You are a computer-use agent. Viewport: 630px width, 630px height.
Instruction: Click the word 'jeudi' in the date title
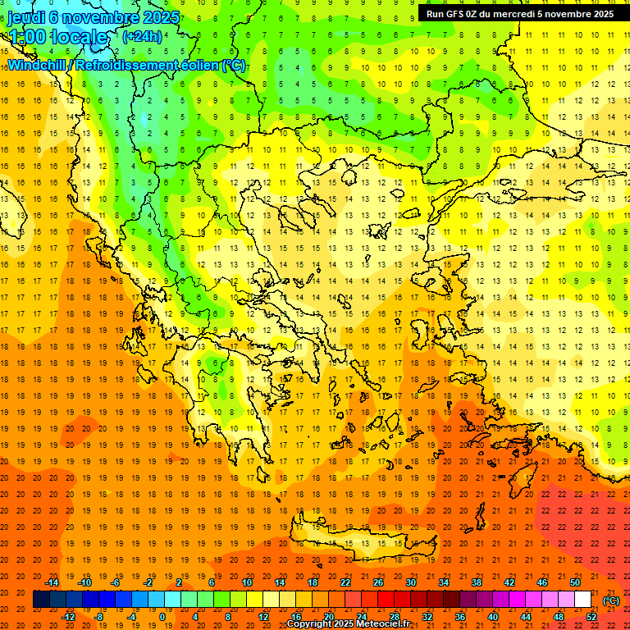coord(25,16)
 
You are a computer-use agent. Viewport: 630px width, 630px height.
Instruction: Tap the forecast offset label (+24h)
coord(142,36)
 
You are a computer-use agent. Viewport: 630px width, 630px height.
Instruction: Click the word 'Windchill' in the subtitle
coord(39,65)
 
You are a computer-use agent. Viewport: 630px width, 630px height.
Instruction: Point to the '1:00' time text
coord(29,37)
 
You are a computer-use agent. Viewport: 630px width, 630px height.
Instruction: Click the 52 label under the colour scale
coord(591,617)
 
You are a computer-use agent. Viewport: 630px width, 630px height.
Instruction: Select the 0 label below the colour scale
coord(162,617)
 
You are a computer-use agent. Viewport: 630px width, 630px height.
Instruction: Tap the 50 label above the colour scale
coord(575,582)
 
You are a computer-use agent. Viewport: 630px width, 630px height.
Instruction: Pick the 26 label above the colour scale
coord(378,582)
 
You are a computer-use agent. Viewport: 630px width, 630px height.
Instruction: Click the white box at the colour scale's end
coord(582,600)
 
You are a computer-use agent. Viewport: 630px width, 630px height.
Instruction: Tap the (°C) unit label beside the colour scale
coord(610,600)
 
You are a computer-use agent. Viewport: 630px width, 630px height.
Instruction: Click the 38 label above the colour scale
coord(477,582)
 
